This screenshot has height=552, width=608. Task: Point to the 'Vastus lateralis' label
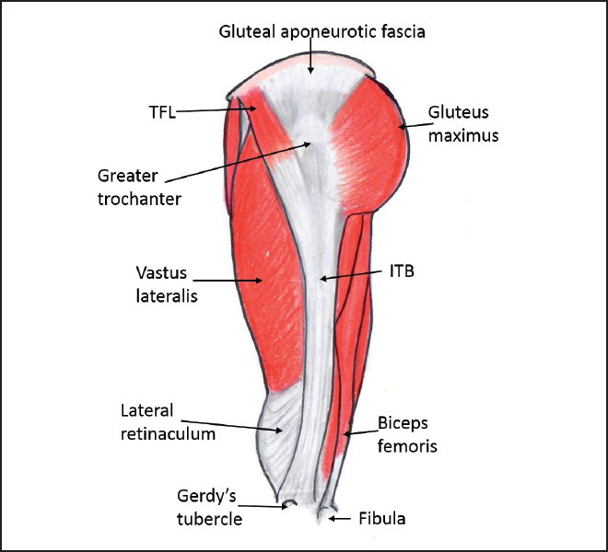[165, 284]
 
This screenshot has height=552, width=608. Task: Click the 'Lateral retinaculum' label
[168, 421]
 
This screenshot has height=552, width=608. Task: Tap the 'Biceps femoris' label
[406, 435]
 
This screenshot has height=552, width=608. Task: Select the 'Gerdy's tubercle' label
[209, 507]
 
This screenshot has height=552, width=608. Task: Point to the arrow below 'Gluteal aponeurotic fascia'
[310, 60]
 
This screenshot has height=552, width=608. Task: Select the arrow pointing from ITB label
[355, 275]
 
